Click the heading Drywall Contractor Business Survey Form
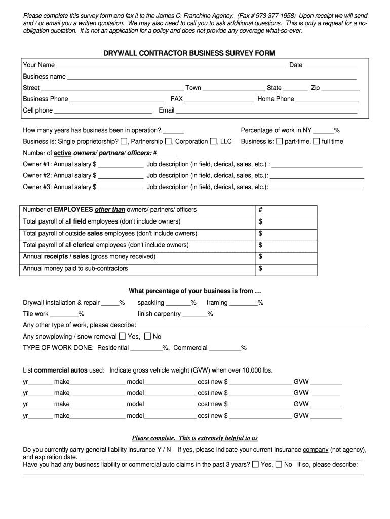[x=189, y=53]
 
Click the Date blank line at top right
[x=330, y=66]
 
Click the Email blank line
[x=266, y=111]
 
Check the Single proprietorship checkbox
[x=124, y=141]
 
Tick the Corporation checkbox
[x=213, y=141]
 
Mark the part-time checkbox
[x=279, y=141]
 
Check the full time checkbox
[x=317, y=141]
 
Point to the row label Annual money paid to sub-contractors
[x=75, y=269]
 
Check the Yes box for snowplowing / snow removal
[x=122, y=336]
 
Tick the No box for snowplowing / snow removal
[x=147, y=336]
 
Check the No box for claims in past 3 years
[x=279, y=464]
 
